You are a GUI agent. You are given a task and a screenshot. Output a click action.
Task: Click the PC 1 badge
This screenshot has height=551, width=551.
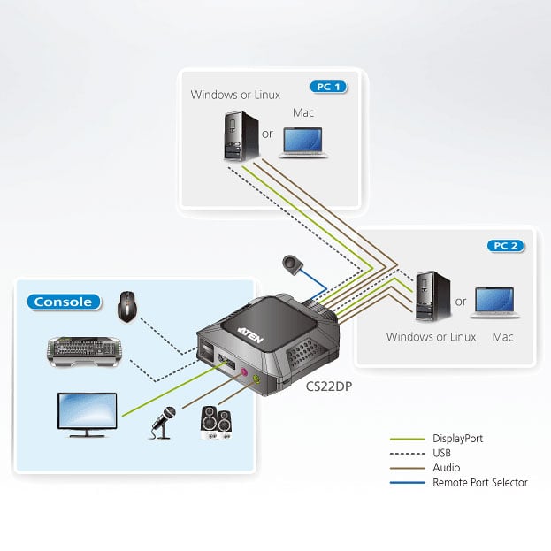point(328,87)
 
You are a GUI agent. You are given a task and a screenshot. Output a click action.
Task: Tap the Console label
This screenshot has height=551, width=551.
point(62,302)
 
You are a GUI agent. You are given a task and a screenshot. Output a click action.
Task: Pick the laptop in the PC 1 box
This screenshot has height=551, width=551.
point(303,141)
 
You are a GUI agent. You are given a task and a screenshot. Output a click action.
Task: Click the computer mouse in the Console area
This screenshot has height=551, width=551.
point(128,306)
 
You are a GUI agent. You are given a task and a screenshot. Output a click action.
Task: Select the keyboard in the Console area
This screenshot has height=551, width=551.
point(81,351)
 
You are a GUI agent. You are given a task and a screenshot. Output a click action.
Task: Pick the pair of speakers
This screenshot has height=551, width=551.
point(216,421)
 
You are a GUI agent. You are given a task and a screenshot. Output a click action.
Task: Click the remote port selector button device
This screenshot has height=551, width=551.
point(291,264)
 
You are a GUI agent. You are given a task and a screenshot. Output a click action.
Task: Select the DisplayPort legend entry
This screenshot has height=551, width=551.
point(457,438)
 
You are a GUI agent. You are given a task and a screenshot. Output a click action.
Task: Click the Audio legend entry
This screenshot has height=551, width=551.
point(446,468)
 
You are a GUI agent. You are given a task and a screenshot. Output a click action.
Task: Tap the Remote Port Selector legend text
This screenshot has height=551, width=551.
point(479,483)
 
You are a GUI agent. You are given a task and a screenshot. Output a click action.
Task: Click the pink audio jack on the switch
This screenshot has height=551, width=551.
point(240,372)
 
